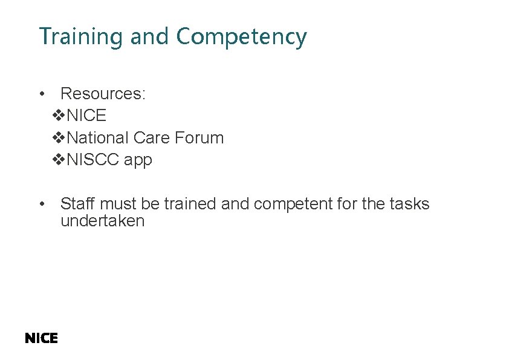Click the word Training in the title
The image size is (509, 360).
click(x=81, y=37)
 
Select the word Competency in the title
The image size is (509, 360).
click(x=241, y=38)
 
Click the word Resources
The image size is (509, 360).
click(x=103, y=94)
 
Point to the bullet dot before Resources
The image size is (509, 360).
click(x=41, y=94)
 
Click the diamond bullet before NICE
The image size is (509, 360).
click(x=59, y=116)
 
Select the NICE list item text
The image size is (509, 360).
click(x=87, y=116)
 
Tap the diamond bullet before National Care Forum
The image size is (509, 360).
click(x=59, y=138)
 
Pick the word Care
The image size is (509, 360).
click(x=152, y=138)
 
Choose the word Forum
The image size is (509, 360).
click(x=199, y=138)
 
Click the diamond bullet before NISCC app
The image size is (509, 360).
click(x=59, y=160)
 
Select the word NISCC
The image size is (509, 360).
click(x=94, y=160)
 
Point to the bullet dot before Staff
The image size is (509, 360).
click(x=41, y=204)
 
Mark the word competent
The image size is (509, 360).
click(x=293, y=205)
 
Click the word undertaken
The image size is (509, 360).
click(x=102, y=221)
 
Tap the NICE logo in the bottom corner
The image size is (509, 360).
click(x=41, y=339)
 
